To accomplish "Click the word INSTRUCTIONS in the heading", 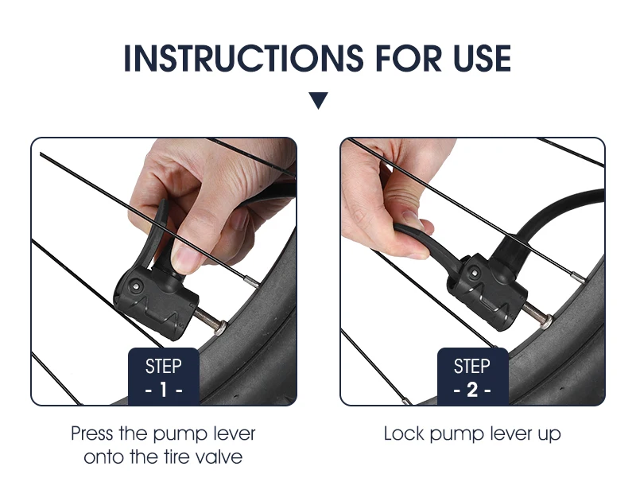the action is coord(244,58).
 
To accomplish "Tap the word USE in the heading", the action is coord(483,58).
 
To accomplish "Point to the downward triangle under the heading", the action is coord(319,101).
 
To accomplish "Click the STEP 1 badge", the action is coord(164,376).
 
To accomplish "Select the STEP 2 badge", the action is coord(472,376).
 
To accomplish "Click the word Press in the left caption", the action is coord(92,433).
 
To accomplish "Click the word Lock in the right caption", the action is coord(404,433).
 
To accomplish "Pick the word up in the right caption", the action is coord(549,435).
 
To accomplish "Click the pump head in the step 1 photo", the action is coord(157,300).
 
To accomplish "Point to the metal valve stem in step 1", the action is coord(211,320).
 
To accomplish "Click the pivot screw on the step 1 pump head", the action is coord(135,287).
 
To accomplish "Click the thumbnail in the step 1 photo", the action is coord(185,258).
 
